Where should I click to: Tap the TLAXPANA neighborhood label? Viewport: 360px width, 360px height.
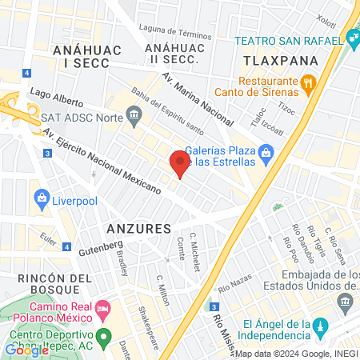(279, 61)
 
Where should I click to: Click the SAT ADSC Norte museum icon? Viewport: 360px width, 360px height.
(134, 114)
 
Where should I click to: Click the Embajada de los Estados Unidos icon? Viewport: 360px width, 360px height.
(345, 301)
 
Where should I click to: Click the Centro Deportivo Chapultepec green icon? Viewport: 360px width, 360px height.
(102, 335)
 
